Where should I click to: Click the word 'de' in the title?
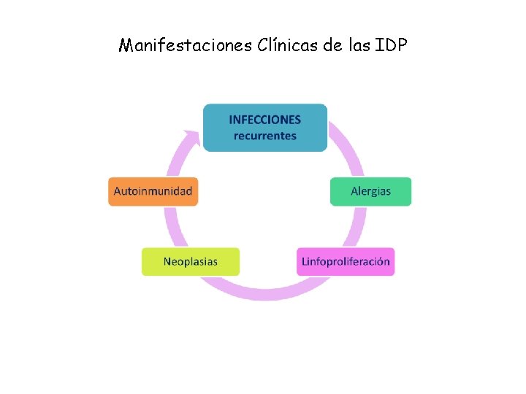(x=332, y=46)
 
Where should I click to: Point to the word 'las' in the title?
(x=359, y=46)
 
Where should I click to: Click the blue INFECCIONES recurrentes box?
(x=264, y=128)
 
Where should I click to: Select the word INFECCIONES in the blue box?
(x=264, y=120)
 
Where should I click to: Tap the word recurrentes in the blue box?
(x=264, y=136)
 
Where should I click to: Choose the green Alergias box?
(x=370, y=191)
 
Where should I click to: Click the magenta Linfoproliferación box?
(x=346, y=262)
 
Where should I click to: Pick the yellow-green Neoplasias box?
(x=190, y=262)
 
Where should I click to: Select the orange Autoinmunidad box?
(x=153, y=191)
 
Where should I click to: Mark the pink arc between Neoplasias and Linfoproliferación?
(x=267, y=293)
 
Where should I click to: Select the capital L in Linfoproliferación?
(x=305, y=262)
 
